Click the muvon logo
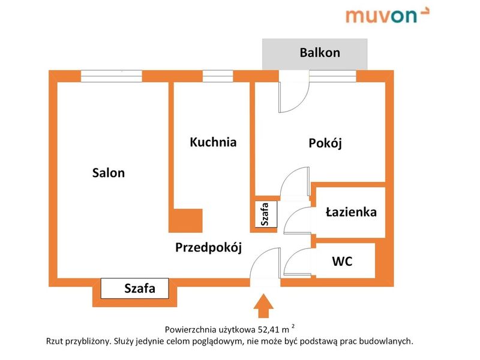pyautogui.click(x=388, y=16)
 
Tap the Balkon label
pyautogui.click(x=320, y=53)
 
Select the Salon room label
pyautogui.click(x=109, y=173)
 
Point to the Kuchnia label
pyautogui.click(x=213, y=142)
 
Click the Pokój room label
pyautogui.click(x=325, y=143)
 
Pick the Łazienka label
pyautogui.click(x=351, y=212)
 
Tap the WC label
pyautogui.click(x=342, y=262)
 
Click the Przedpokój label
pyautogui.click(x=208, y=247)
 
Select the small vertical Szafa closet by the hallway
pyautogui.click(x=266, y=214)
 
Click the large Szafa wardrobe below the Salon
pyautogui.click(x=134, y=289)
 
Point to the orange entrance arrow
pyautogui.click(x=263, y=306)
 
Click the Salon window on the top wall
pyautogui.click(x=112, y=76)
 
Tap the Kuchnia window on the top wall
pyautogui.click(x=218, y=76)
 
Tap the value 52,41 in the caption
pyautogui.click(x=269, y=329)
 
